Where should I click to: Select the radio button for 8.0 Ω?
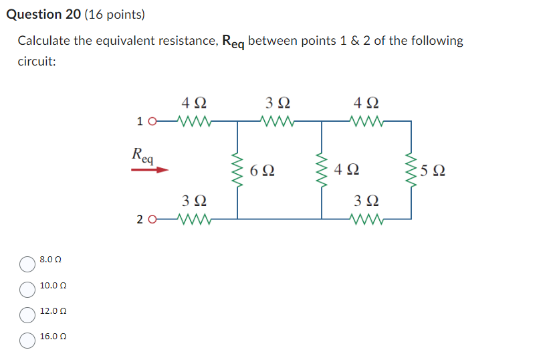tap(27, 264)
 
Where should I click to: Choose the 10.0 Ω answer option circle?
tap(27, 290)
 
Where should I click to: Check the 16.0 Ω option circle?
tap(27, 341)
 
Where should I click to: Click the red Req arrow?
tap(148, 170)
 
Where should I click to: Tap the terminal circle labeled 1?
tap(152, 122)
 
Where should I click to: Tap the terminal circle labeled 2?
tap(152, 219)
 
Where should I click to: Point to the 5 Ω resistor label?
tap(433, 170)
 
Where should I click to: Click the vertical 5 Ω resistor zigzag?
tap(411, 170)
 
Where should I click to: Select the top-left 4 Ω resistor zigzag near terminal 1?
tap(195, 122)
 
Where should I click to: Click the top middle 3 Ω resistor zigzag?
tap(277, 122)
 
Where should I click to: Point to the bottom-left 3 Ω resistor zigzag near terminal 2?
tap(195, 219)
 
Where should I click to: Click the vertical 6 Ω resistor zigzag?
tap(237, 170)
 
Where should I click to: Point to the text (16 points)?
tap(115, 14)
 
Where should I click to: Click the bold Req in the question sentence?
tap(233, 42)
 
